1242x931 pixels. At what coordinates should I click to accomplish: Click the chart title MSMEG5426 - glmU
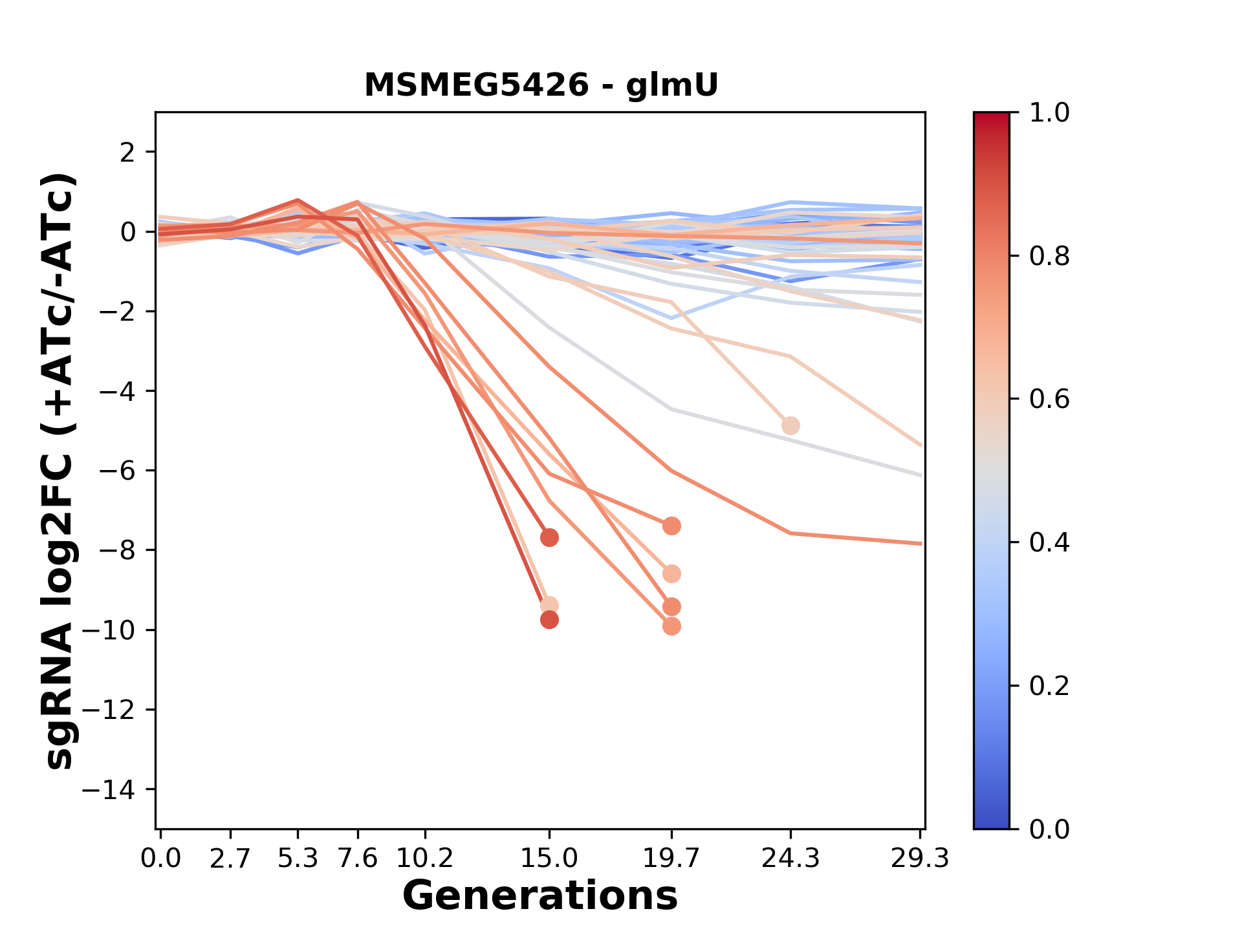tap(541, 85)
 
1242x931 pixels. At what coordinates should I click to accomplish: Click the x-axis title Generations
tap(540, 896)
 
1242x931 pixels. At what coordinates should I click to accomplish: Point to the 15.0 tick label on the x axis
tap(549, 859)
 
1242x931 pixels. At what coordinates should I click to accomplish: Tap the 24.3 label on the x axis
tap(790, 859)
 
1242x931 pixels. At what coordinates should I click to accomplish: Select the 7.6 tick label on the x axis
tap(358, 859)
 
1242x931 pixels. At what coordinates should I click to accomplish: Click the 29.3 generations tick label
tap(920, 859)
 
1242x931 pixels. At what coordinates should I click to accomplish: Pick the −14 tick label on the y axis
tap(117, 789)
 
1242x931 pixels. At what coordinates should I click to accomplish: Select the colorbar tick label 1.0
tap(1049, 113)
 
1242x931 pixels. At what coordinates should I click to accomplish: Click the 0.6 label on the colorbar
tap(1049, 400)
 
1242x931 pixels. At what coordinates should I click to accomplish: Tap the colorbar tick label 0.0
tap(1049, 829)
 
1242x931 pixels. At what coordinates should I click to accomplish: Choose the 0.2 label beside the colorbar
tap(1049, 686)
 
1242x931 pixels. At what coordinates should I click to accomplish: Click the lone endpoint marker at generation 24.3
tap(790, 426)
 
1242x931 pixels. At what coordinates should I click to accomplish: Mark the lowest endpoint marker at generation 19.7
tap(671, 626)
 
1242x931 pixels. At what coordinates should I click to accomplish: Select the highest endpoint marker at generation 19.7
tap(671, 526)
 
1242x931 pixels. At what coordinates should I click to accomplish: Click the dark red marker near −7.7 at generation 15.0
tap(549, 537)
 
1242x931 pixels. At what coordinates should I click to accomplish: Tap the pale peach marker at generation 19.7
tap(671, 574)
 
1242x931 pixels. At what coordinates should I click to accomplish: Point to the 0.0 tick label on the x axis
tap(161, 859)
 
